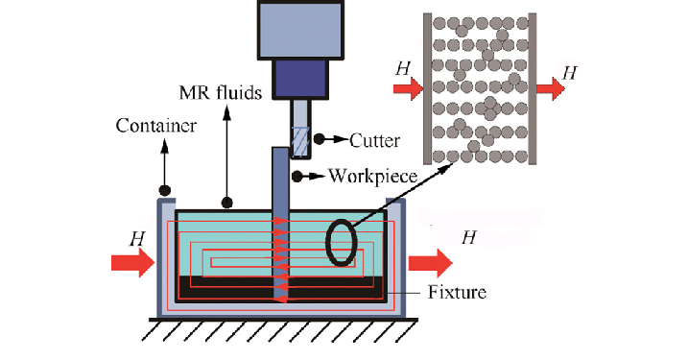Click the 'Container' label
[156, 126]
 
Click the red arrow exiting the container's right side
[430, 261]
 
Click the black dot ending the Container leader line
[165, 188]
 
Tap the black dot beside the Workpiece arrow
[298, 176]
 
